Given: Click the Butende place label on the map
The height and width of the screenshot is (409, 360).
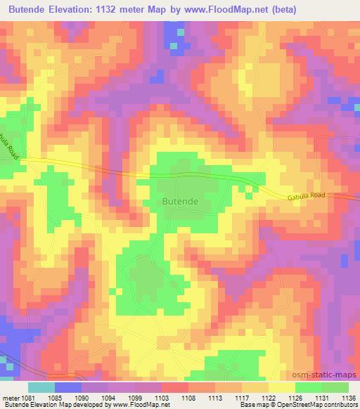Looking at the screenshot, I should click(x=180, y=201).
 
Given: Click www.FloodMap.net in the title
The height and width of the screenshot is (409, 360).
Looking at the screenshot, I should click(x=231, y=10).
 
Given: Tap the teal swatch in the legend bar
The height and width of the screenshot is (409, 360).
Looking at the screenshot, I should click(x=41, y=387).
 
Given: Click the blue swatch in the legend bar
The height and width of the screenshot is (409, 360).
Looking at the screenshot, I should click(x=68, y=387).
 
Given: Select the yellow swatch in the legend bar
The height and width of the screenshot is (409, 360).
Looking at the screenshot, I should click(x=281, y=387).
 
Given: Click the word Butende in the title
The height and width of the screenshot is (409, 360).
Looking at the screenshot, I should click(x=26, y=10).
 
